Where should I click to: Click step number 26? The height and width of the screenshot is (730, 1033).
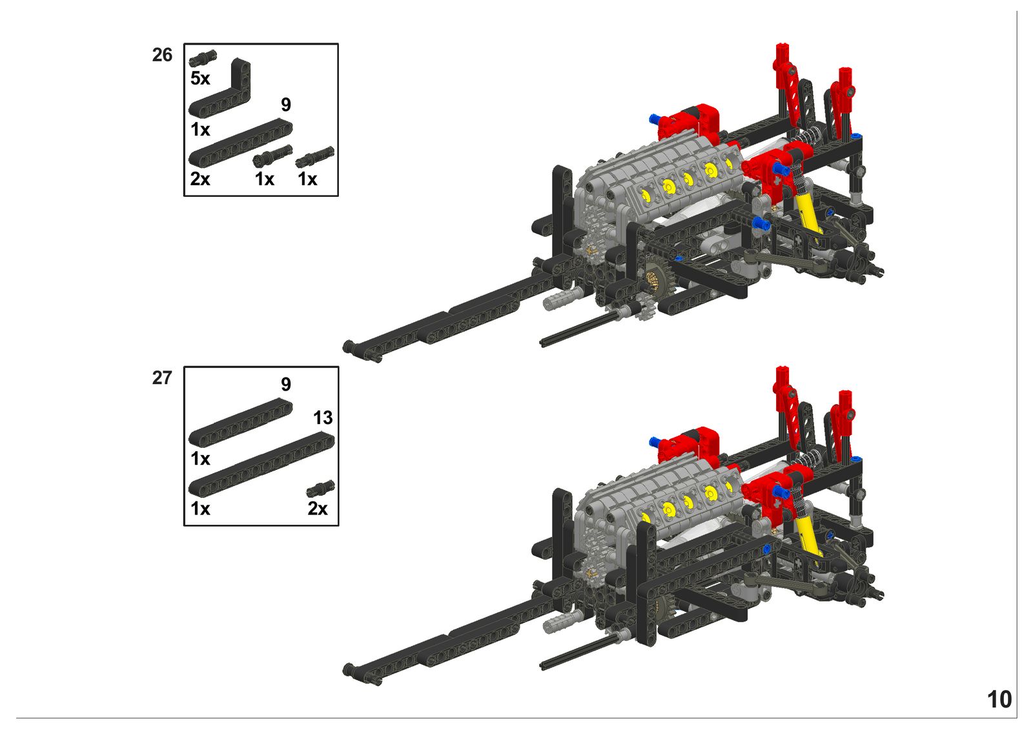coord(162,55)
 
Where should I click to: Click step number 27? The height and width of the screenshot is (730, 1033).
coord(162,378)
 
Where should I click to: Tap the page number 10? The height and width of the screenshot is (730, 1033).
coord(999,700)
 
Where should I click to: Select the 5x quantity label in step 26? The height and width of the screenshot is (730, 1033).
coord(200,78)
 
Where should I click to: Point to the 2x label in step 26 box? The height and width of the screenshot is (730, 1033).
coord(200,178)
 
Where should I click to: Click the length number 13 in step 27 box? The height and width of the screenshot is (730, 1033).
coord(323,418)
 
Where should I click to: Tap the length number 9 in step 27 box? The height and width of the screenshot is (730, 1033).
coord(286,384)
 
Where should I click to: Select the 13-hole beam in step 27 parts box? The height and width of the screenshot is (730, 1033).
coord(261,463)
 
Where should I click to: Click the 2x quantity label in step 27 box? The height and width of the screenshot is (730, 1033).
coord(318,509)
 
